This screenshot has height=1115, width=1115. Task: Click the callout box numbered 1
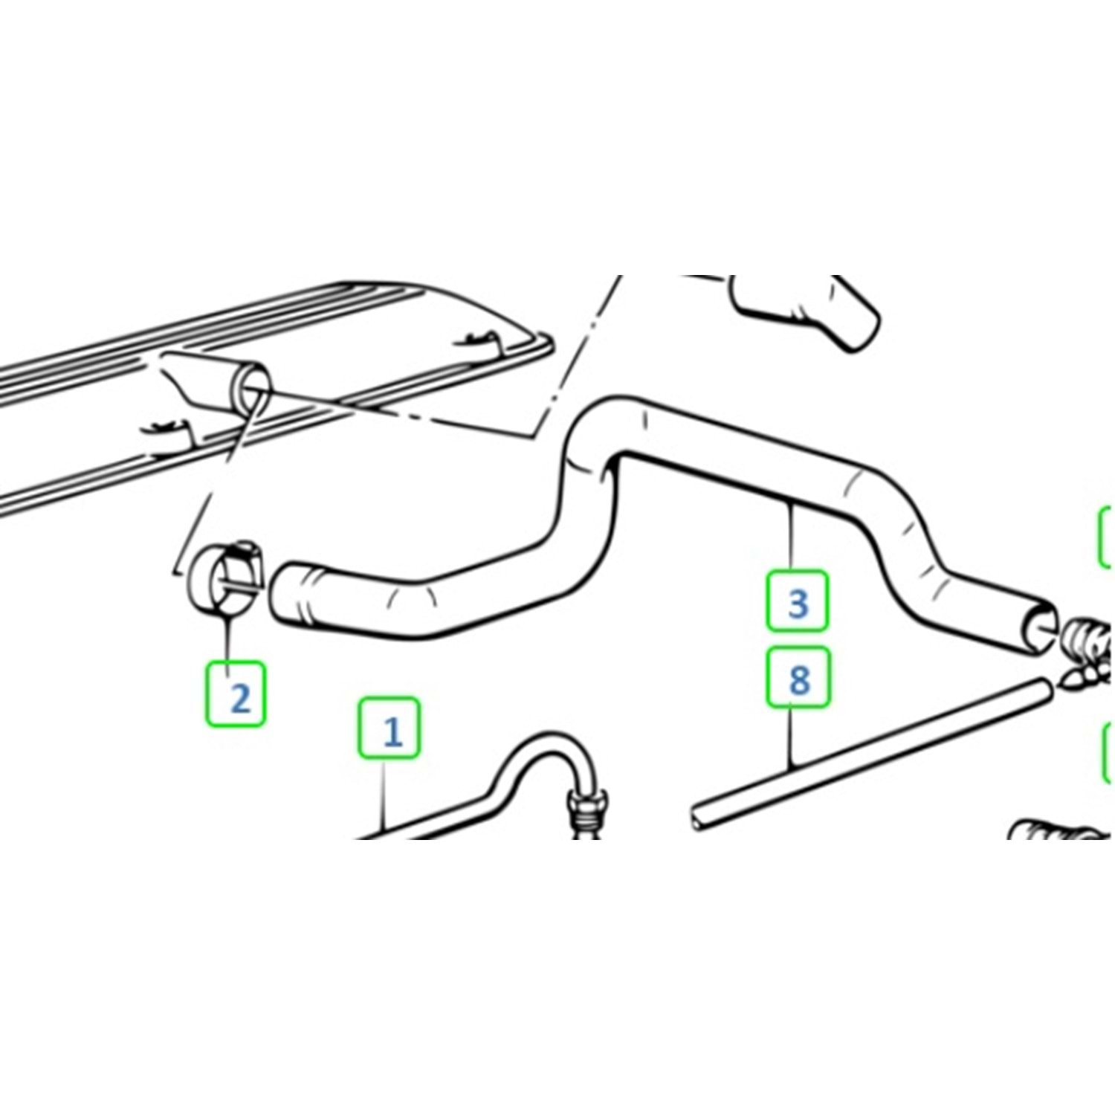pos(389,728)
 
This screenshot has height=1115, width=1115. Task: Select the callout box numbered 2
pos(236,694)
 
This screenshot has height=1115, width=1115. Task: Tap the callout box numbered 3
pos(797,601)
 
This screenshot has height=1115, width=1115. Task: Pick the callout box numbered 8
pos(798,676)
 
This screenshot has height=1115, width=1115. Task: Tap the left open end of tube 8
pos(697,818)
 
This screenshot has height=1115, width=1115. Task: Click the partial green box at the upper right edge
pos(1105,535)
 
